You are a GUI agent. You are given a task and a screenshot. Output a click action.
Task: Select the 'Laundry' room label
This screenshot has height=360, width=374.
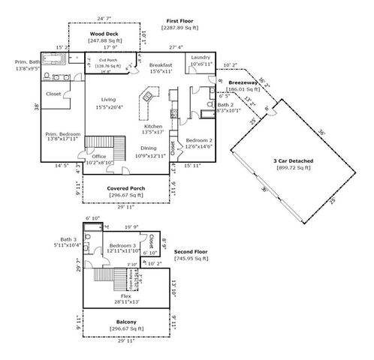[200, 57]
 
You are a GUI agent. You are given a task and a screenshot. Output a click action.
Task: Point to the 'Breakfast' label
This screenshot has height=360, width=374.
[161, 64]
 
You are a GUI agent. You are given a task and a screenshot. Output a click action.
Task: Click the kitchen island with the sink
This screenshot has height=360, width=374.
[148, 96]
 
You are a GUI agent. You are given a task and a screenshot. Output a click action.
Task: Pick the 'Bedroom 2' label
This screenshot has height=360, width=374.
[199, 140]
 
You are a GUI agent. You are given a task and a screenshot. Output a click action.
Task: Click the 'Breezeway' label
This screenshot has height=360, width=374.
[243, 82]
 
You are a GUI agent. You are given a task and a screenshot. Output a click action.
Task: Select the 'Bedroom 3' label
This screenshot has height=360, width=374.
[123, 245]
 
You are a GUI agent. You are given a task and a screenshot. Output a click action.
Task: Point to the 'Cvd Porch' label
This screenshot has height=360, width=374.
[95, 60]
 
